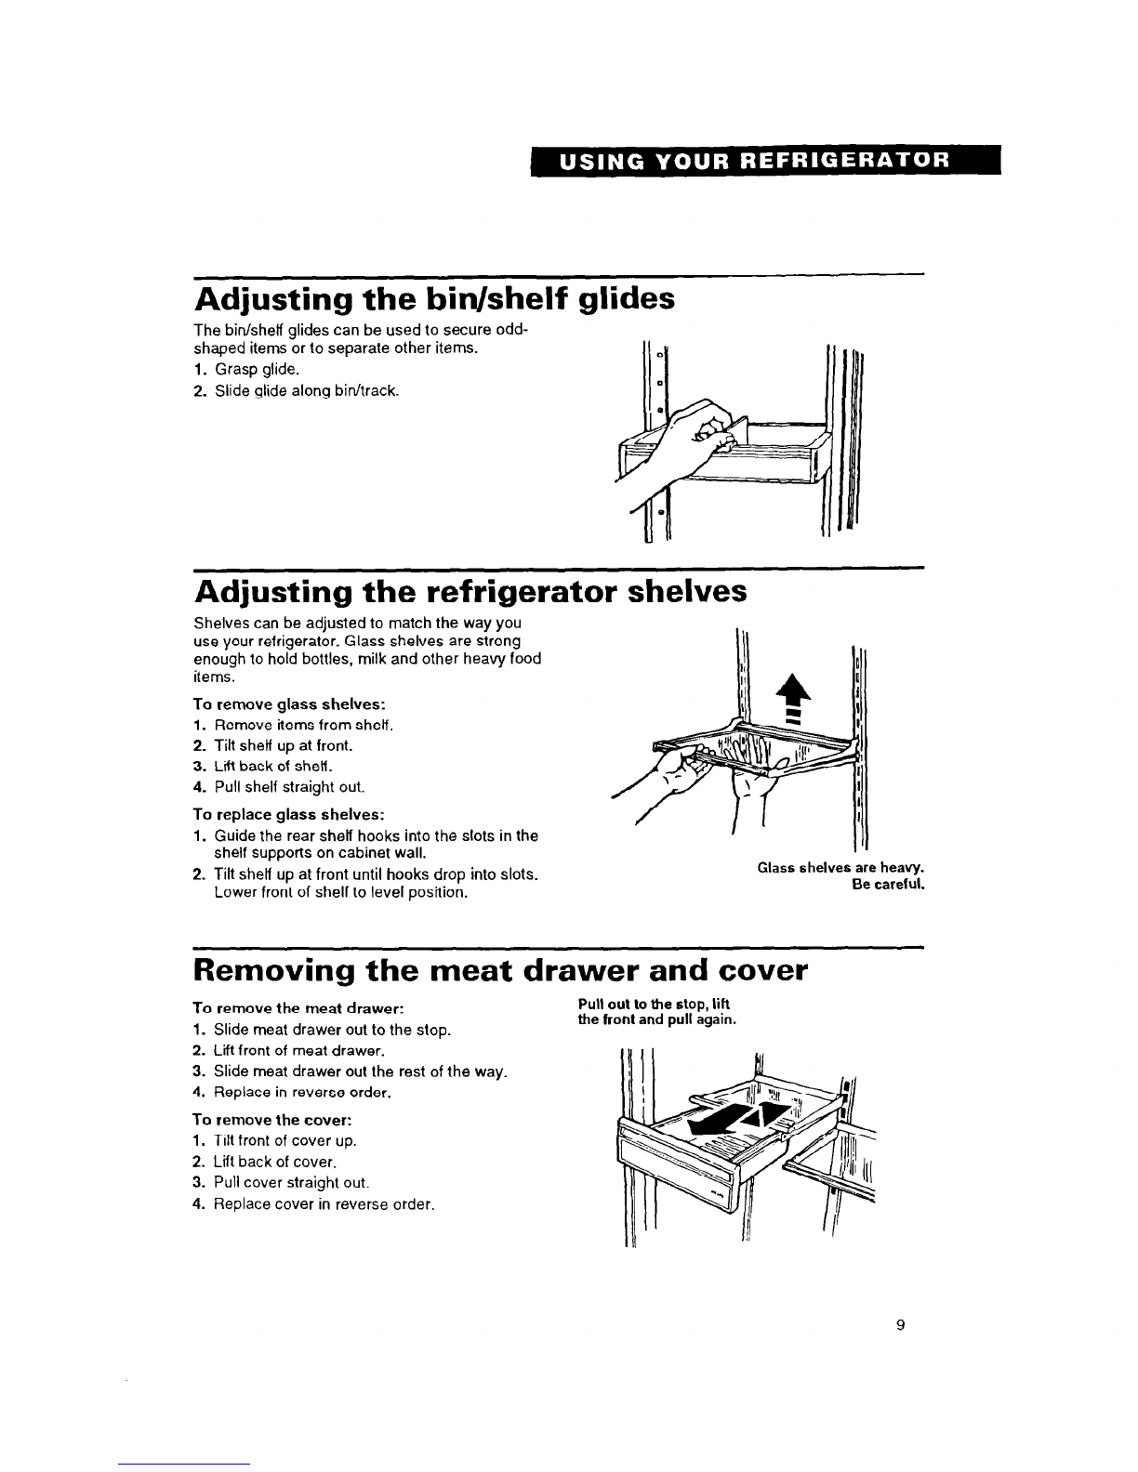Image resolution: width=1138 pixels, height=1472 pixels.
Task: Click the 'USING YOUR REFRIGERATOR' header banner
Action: [x=765, y=161]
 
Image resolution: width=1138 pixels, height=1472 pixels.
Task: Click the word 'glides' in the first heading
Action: [x=627, y=298]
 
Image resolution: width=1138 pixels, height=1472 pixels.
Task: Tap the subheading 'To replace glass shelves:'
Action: [x=289, y=813]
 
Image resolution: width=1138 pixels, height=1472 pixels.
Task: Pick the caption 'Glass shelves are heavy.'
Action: [x=840, y=868]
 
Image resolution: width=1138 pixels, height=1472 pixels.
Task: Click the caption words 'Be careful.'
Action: [x=888, y=885]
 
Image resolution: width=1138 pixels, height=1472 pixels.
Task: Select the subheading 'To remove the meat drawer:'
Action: [x=298, y=1008]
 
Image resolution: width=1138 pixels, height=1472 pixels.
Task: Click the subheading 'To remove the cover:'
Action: [x=271, y=1119]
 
